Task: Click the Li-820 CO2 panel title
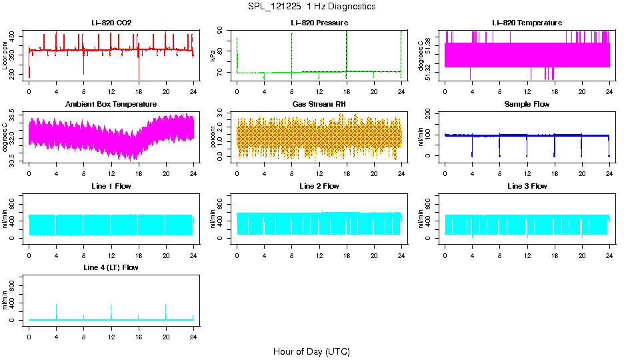pos(111,23)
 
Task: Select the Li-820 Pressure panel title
pos(319,23)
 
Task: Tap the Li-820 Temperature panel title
pos(527,23)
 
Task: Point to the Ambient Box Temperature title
pos(111,105)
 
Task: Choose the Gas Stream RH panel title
pos(319,105)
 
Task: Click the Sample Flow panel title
pos(527,105)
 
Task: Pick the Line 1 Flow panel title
pos(111,186)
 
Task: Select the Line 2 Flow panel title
pos(319,186)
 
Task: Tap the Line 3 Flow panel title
pos(527,186)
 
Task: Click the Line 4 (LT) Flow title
pos(111,267)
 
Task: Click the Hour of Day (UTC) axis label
pos(311,351)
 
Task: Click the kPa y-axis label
pos(213,55)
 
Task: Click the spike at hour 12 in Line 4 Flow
pos(111,305)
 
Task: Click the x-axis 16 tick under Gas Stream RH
pos(347,173)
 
